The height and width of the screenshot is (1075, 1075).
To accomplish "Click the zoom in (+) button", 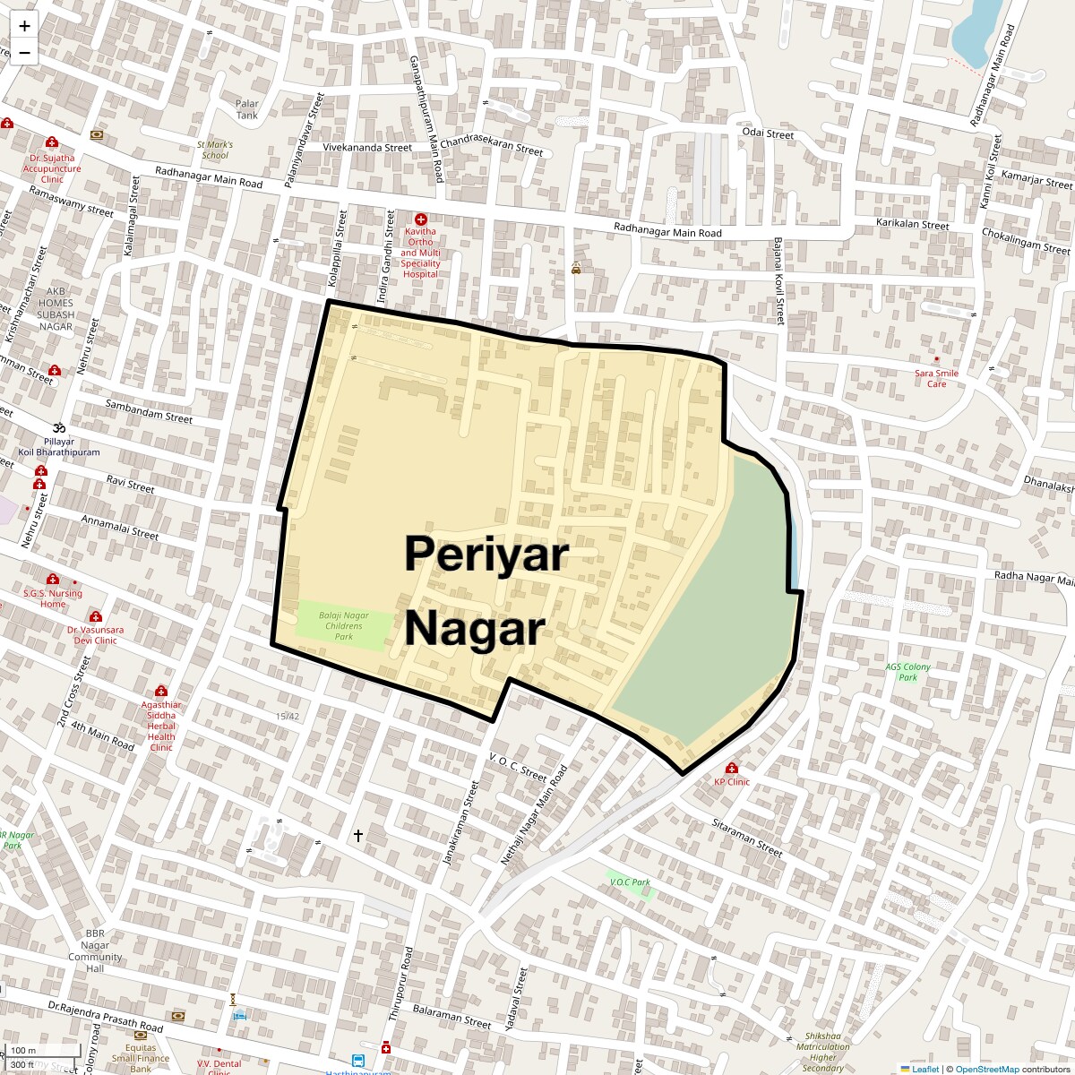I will [x=24, y=26].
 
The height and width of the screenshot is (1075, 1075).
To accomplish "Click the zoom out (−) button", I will [x=24, y=52].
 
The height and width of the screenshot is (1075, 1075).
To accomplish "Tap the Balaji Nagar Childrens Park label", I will [x=343, y=625].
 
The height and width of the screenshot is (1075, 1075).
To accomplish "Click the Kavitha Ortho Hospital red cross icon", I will [x=421, y=219].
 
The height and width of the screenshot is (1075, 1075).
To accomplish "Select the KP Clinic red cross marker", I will [x=732, y=769].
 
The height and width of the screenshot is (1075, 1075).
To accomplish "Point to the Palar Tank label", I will [x=247, y=109].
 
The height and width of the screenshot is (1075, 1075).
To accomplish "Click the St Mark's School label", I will [x=215, y=150].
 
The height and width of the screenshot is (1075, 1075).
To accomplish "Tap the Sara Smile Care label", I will [x=936, y=378].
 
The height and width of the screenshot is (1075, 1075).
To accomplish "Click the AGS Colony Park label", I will [x=907, y=672].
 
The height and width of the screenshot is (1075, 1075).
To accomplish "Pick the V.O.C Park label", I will [x=630, y=882].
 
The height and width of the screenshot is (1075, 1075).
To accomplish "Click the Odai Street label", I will [x=768, y=134].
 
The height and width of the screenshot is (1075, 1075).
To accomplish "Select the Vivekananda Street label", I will [x=367, y=147].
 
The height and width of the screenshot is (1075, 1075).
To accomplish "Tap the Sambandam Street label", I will [x=149, y=411].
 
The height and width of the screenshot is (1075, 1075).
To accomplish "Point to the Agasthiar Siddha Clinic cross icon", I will [x=161, y=691].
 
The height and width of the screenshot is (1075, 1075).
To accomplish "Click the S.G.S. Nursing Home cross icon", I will [x=53, y=580].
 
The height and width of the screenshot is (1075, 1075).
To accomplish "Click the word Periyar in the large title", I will [x=486, y=554].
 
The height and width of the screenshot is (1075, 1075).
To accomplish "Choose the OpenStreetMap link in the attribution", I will [x=986, y=1069].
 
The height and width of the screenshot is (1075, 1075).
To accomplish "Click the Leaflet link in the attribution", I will [x=925, y=1069].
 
